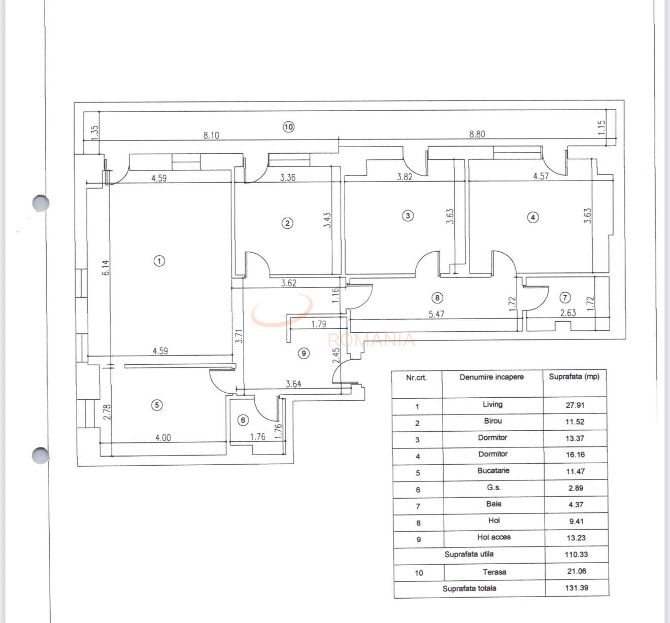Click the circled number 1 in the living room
point(159,261)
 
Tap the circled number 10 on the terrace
point(288,127)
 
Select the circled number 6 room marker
point(243,420)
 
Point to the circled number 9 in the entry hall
point(304,353)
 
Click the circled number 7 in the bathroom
point(565,297)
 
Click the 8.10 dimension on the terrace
point(211,135)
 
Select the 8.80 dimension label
point(477,134)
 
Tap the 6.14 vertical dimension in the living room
point(106,267)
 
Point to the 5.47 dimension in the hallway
point(437,314)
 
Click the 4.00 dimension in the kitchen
point(163,438)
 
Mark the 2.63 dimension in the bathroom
point(568,313)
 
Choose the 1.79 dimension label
point(319,324)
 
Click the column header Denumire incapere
point(491,377)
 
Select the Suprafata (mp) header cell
point(574,376)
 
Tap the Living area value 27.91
point(575,405)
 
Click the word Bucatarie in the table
point(493,470)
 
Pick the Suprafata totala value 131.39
point(576,587)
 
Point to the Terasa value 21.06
point(576,571)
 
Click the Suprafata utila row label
point(468,554)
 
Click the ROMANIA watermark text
point(372,340)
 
